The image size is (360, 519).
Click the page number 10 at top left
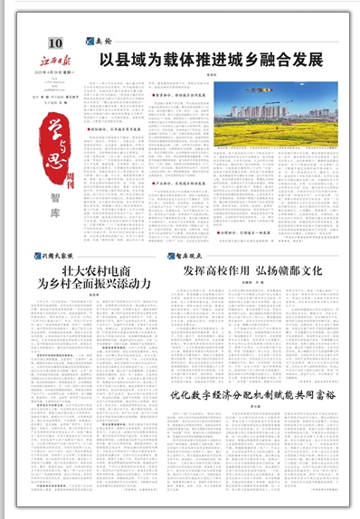pos(56,42)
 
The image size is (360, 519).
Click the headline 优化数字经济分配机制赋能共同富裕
pos(254,395)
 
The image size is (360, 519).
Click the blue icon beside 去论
pos(90,42)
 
